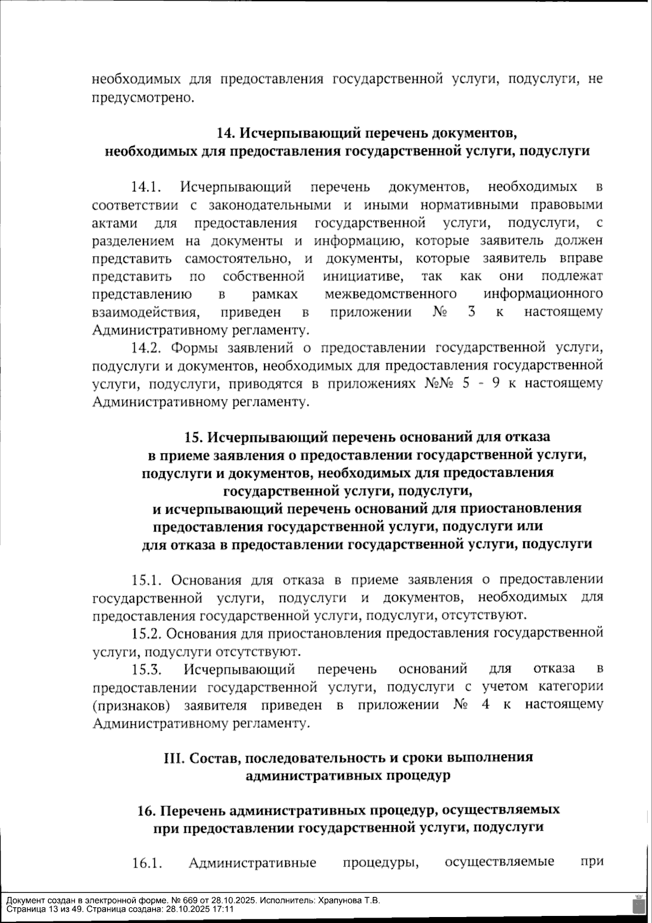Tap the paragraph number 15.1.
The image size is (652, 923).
coord(147,580)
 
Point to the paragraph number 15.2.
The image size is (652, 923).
coord(147,633)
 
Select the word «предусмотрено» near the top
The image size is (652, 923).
coord(143,98)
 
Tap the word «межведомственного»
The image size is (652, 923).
coord(390,295)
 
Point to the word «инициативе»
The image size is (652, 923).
coord(363,277)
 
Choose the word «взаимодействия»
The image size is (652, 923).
coord(144,313)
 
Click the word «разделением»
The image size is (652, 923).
coord(133,241)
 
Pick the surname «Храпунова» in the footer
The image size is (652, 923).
coord(337,900)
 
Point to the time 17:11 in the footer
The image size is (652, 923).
coord(223,909)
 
